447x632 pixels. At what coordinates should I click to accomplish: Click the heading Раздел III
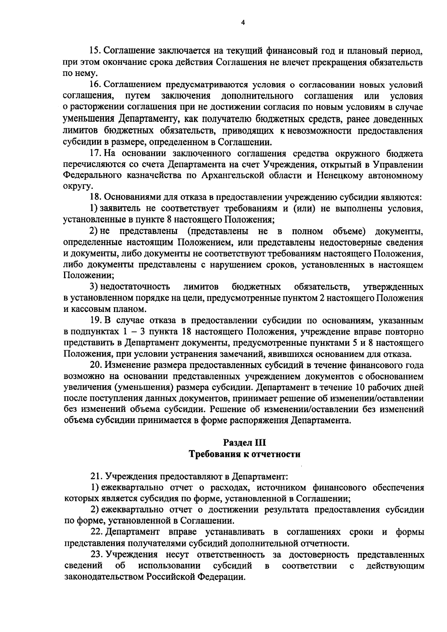[x=244, y=443]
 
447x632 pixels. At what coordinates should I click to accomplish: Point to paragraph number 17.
[x=95, y=153]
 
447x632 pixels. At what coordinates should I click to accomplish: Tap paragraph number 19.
[x=96, y=320]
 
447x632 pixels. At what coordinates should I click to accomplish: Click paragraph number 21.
[x=96, y=476]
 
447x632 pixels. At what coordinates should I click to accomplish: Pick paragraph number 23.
[x=96, y=554]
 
